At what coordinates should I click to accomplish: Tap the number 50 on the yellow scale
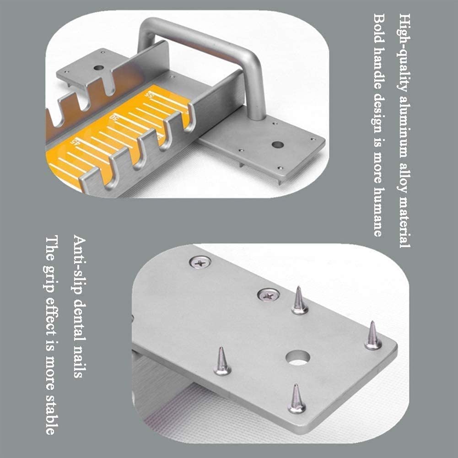(x=113, y=118)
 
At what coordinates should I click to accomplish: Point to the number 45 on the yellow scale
(x=75, y=141)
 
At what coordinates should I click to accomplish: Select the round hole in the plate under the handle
(x=277, y=144)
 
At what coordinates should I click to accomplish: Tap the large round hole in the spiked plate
(x=298, y=358)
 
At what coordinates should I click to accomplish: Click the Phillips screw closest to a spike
(x=268, y=295)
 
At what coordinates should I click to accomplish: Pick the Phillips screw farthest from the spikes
(x=200, y=262)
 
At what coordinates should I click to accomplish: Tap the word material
(x=405, y=220)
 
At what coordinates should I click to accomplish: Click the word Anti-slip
(x=80, y=265)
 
